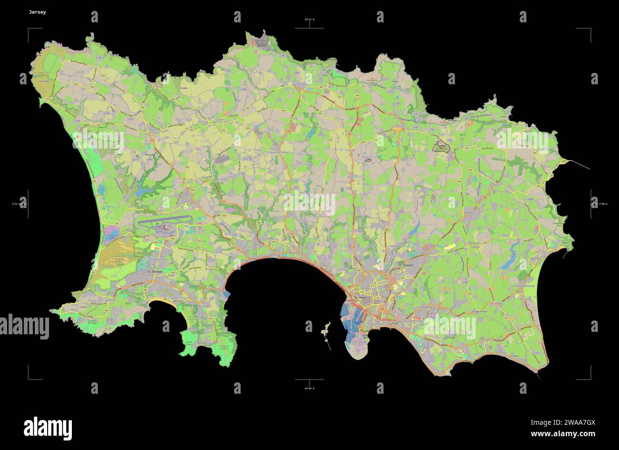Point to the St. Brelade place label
pyautogui.click(x=155, y=271)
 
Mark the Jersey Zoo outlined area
pyautogui.click(x=441, y=147)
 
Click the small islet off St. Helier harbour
pyautogui.click(x=326, y=329)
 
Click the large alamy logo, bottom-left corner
pyautogui.click(x=48, y=426)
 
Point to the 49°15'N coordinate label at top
pyautogui.click(x=309, y=20)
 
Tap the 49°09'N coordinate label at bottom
pyautogui.click(x=309, y=389)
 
